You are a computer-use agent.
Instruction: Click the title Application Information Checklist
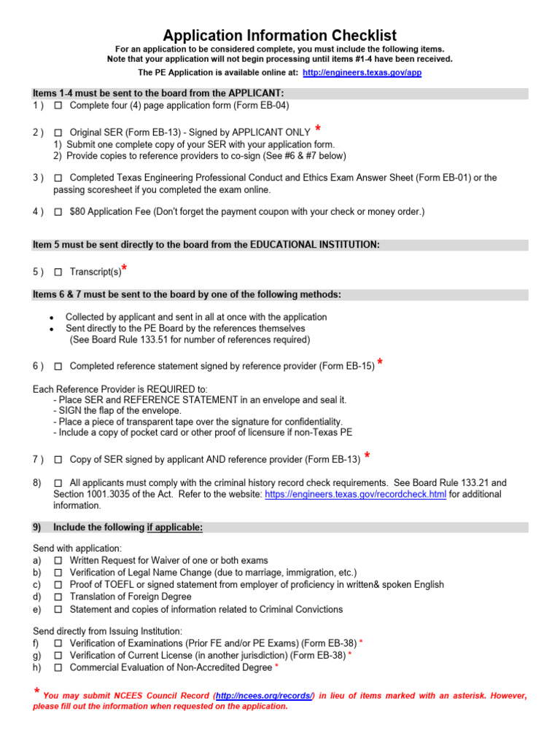pos(280,36)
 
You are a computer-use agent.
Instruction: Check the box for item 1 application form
pos(58,106)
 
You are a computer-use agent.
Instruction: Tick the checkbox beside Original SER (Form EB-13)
pos(58,133)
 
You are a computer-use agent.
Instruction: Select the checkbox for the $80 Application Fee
pos(58,212)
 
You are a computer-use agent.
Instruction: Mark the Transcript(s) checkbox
pos(58,272)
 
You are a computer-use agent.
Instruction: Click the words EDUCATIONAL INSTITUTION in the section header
pos(314,245)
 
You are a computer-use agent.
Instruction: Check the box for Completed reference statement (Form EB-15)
pos(58,366)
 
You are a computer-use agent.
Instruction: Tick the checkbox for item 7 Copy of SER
pos(58,460)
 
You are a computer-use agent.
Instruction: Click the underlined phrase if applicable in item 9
pos(174,527)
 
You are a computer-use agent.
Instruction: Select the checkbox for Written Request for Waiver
pos(58,561)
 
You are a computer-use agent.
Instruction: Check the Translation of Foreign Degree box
pos(58,597)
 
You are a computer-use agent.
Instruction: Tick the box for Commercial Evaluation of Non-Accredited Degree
pos(58,667)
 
